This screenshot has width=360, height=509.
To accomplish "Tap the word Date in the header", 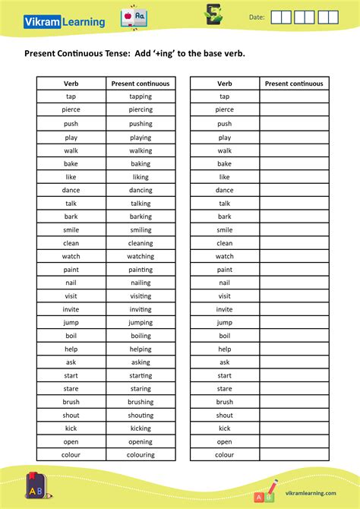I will click(257, 17).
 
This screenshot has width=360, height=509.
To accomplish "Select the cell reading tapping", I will click(141, 96).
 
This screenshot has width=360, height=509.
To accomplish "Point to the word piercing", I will click(141, 109).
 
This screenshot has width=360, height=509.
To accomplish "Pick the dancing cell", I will click(141, 190).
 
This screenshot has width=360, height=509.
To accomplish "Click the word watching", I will click(141, 256).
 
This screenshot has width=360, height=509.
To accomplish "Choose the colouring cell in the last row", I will click(141, 455).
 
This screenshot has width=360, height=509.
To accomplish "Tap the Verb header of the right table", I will click(225, 84).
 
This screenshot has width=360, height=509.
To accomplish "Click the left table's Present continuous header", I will click(141, 84).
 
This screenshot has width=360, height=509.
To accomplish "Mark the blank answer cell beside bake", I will click(294, 163).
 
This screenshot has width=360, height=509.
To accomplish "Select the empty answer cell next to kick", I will click(294, 428).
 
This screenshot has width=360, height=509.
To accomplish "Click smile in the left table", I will click(71, 229).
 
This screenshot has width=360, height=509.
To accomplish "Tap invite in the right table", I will click(225, 309).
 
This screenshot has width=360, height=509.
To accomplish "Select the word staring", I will click(141, 388).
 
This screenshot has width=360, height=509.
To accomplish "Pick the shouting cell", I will click(141, 415).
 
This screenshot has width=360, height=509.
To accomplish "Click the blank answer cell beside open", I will click(294, 441).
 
